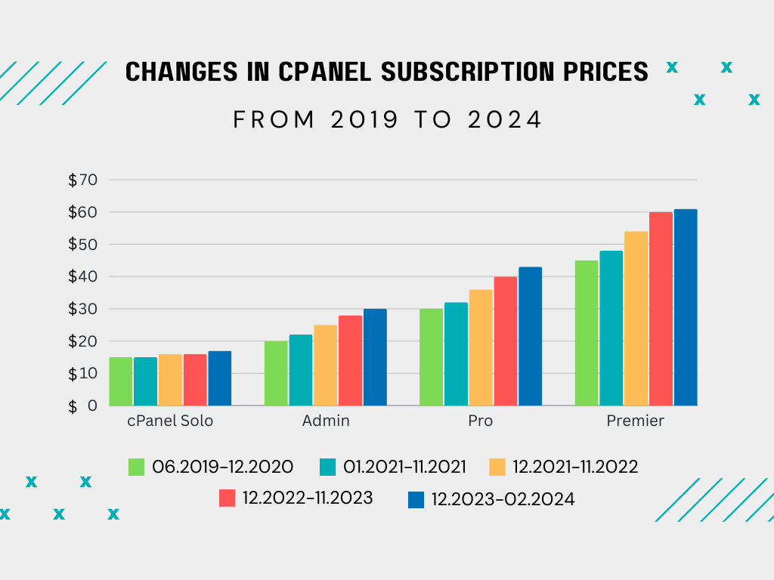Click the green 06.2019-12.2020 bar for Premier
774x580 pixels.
click(x=587, y=333)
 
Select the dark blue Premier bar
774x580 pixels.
click(x=686, y=307)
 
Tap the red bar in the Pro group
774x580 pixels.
click(x=506, y=341)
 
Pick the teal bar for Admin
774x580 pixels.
click(x=301, y=370)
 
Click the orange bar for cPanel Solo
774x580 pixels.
click(x=170, y=380)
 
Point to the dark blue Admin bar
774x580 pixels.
click(x=375, y=357)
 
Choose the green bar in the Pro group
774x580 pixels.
click(x=431, y=357)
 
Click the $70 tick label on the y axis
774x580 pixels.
click(x=83, y=180)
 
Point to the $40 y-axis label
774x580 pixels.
click(x=83, y=276)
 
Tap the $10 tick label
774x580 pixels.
click(x=83, y=373)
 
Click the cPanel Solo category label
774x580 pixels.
click(x=170, y=421)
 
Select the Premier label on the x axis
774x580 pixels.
click(x=635, y=421)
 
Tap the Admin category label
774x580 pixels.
click(x=326, y=421)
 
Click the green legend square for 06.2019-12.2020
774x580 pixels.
click(x=136, y=467)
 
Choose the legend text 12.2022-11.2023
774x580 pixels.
click(x=308, y=498)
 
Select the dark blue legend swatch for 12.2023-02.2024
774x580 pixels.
click(x=415, y=500)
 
